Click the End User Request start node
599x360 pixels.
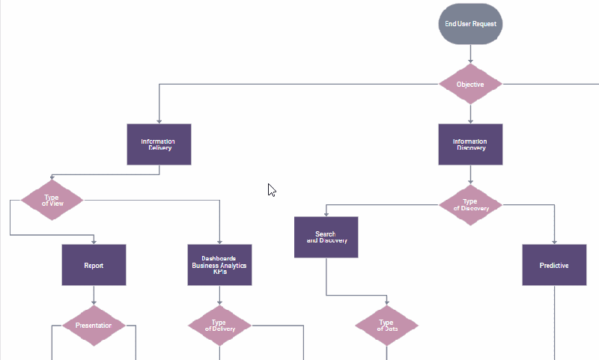point(470,24)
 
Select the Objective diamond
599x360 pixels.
point(470,85)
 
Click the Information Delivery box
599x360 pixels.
point(159,144)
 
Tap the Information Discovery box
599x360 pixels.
point(470,144)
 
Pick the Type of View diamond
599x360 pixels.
point(52,200)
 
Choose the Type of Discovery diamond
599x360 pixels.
point(470,204)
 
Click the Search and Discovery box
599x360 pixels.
point(326,237)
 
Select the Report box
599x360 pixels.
point(94,265)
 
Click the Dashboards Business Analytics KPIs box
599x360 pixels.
point(219,265)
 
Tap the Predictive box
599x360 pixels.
point(554,265)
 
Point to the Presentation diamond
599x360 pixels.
point(94,326)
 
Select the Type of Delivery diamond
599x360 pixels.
point(219,326)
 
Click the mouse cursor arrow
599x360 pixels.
point(272,189)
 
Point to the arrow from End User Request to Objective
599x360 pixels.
point(470,54)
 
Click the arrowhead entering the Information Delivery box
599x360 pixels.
point(159,120)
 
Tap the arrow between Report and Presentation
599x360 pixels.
point(94,296)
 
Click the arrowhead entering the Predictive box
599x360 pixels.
point(554,241)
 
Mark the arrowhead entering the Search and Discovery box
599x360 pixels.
point(326,214)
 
